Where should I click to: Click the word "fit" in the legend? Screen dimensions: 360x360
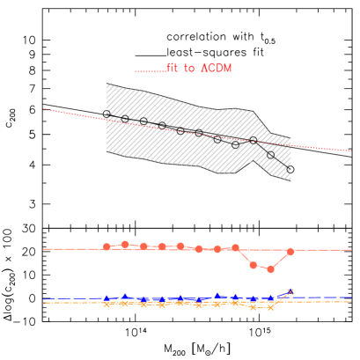click(172, 68)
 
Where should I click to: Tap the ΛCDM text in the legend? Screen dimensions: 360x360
click(217, 68)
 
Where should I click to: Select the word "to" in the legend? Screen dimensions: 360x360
click(189, 68)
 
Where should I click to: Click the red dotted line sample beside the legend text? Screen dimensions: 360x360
click(148, 70)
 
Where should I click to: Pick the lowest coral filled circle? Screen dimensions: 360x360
click(270, 268)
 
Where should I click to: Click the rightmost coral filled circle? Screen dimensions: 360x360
click(290, 252)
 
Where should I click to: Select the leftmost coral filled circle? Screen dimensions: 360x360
click(107, 246)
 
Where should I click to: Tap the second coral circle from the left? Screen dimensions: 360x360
click(125, 244)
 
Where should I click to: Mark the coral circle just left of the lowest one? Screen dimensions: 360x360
click(253, 264)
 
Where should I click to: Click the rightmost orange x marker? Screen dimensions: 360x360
click(290, 291)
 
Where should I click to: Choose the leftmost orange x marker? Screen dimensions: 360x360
click(107, 305)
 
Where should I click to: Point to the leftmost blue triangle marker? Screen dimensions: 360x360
click(107, 298)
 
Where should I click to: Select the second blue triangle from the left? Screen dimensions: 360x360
click(125, 296)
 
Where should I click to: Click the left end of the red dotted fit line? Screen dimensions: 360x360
click(43, 109)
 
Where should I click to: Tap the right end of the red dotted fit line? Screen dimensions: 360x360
click(351, 151)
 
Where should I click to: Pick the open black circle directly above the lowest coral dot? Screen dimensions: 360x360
click(270, 155)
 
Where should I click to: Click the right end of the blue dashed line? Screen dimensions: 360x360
click(351, 298)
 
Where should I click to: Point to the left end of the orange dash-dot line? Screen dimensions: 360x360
click(43, 302)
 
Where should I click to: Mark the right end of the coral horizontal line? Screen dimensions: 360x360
click(351, 249)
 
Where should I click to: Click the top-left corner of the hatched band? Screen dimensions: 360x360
click(107, 84)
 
